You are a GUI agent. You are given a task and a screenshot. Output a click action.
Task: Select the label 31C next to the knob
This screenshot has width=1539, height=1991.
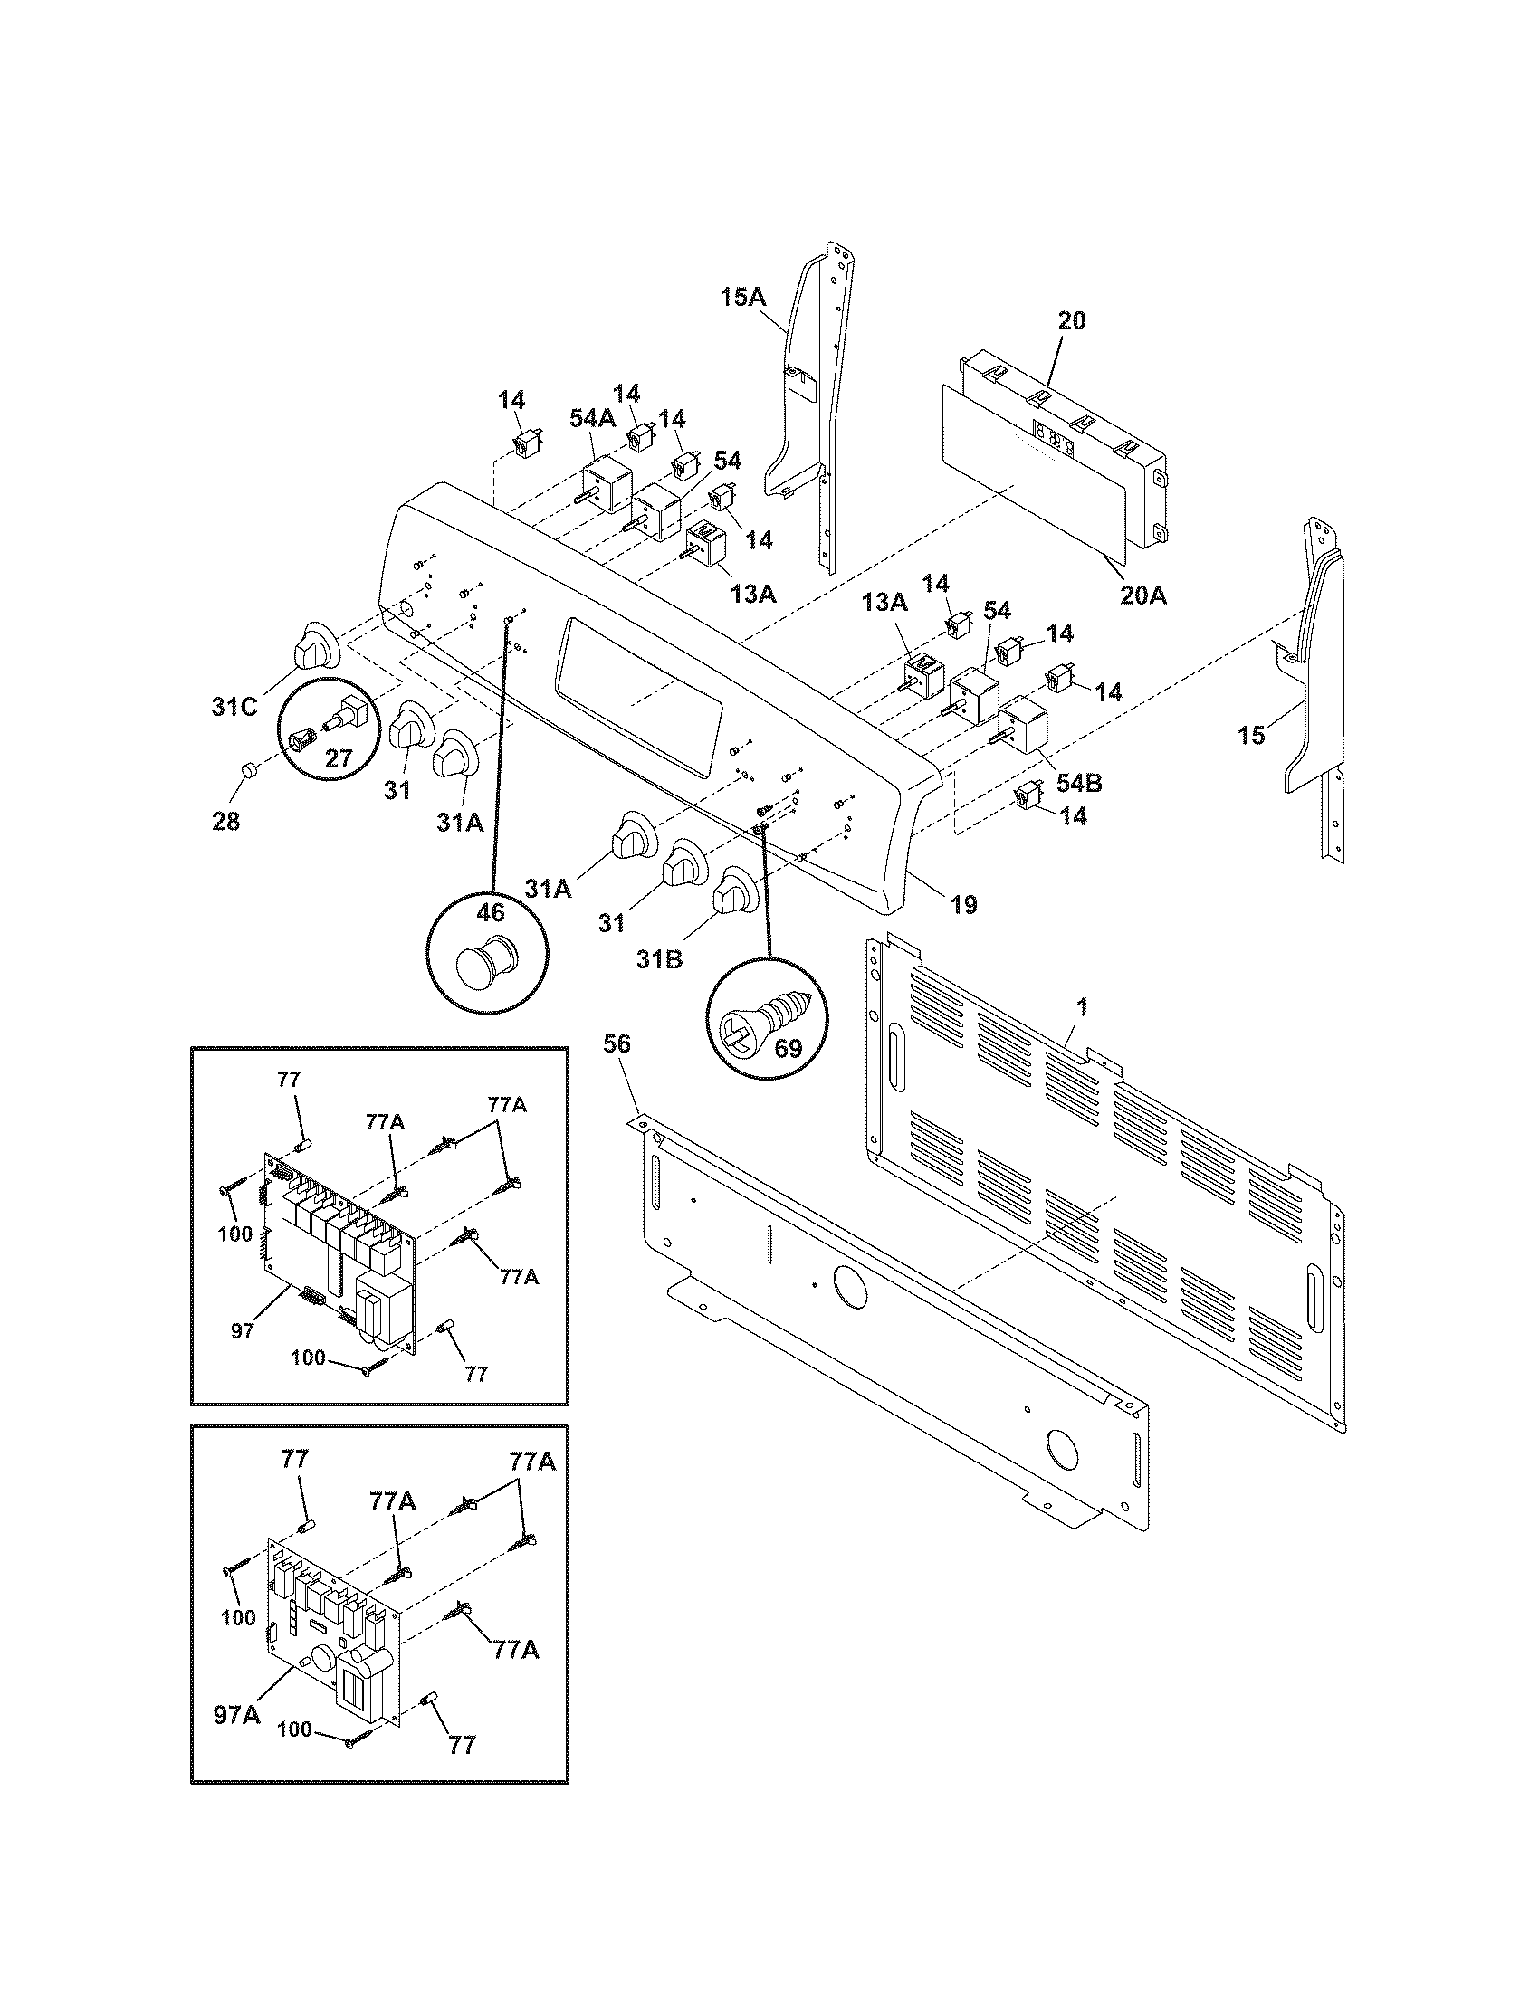pyautogui.click(x=234, y=707)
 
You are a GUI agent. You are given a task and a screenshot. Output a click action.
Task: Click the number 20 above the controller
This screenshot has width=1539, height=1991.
pyautogui.click(x=1071, y=321)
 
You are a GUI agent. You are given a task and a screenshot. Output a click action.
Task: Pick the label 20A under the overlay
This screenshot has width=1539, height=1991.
pyautogui.click(x=1144, y=595)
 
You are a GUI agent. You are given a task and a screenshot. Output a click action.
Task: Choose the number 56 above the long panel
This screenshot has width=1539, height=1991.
pyautogui.click(x=617, y=1043)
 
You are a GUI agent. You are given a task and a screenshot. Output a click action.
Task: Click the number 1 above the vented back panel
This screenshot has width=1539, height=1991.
pyautogui.click(x=1082, y=1008)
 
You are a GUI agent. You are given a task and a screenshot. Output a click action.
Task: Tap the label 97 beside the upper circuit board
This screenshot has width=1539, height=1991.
pyautogui.click(x=243, y=1332)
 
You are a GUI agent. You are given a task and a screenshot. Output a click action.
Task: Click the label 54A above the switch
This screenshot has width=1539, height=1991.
pyautogui.click(x=593, y=444)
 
